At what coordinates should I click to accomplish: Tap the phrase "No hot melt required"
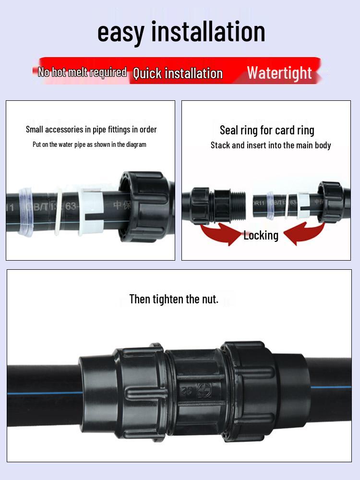82,72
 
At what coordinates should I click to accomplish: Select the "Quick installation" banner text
178,73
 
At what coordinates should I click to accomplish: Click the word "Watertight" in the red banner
279,73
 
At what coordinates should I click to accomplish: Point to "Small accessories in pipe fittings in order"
91,129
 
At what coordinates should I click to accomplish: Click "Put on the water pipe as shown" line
89,144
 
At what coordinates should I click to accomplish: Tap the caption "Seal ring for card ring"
267,130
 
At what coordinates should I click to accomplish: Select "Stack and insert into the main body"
271,145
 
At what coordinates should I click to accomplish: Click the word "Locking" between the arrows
261,235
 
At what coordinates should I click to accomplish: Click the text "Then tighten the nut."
174,299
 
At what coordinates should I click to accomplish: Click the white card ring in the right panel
303,205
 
